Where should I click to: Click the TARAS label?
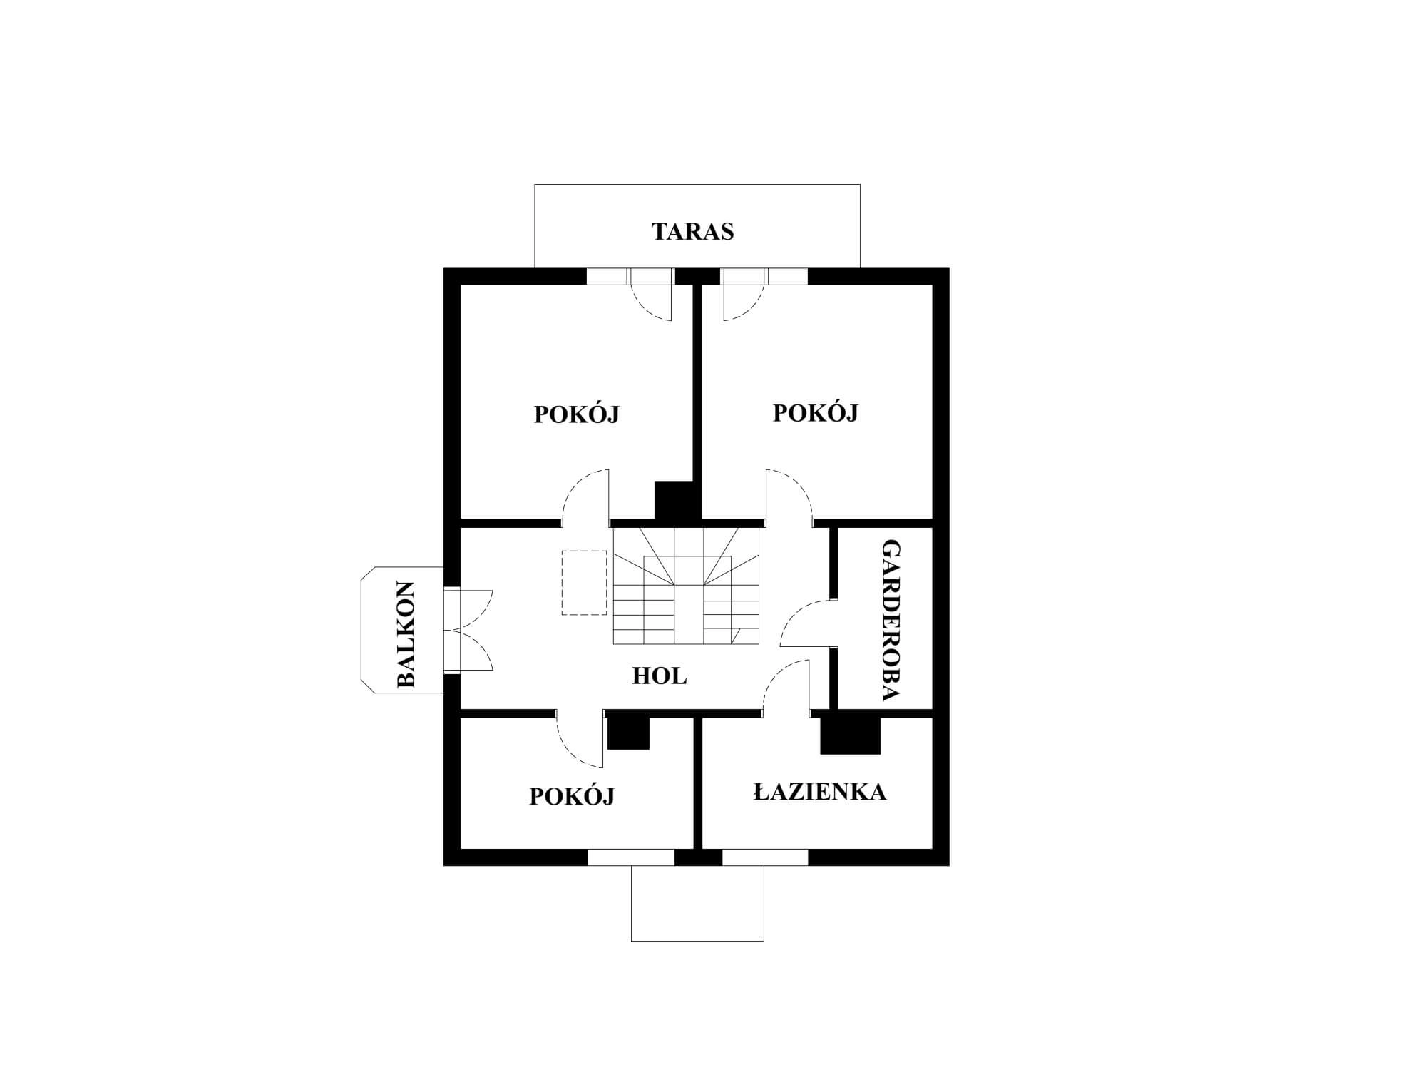coord(693,232)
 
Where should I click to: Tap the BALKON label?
coord(405,634)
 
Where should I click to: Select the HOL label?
coord(660,676)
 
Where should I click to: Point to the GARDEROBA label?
coord(891,621)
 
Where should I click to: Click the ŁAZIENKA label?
coord(820,791)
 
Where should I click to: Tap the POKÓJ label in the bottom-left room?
coord(572,795)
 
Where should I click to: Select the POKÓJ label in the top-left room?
coord(577,414)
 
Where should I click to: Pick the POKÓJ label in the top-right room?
coord(816,412)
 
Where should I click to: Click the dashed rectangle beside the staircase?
coord(584,583)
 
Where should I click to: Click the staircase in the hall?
coord(687,586)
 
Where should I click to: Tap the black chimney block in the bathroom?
coord(850,735)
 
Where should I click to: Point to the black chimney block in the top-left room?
coord(674,501)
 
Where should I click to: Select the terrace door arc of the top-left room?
coord(645,312)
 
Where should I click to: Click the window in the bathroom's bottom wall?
coord(765,857)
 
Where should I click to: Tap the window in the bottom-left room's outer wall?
coord(631,857)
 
